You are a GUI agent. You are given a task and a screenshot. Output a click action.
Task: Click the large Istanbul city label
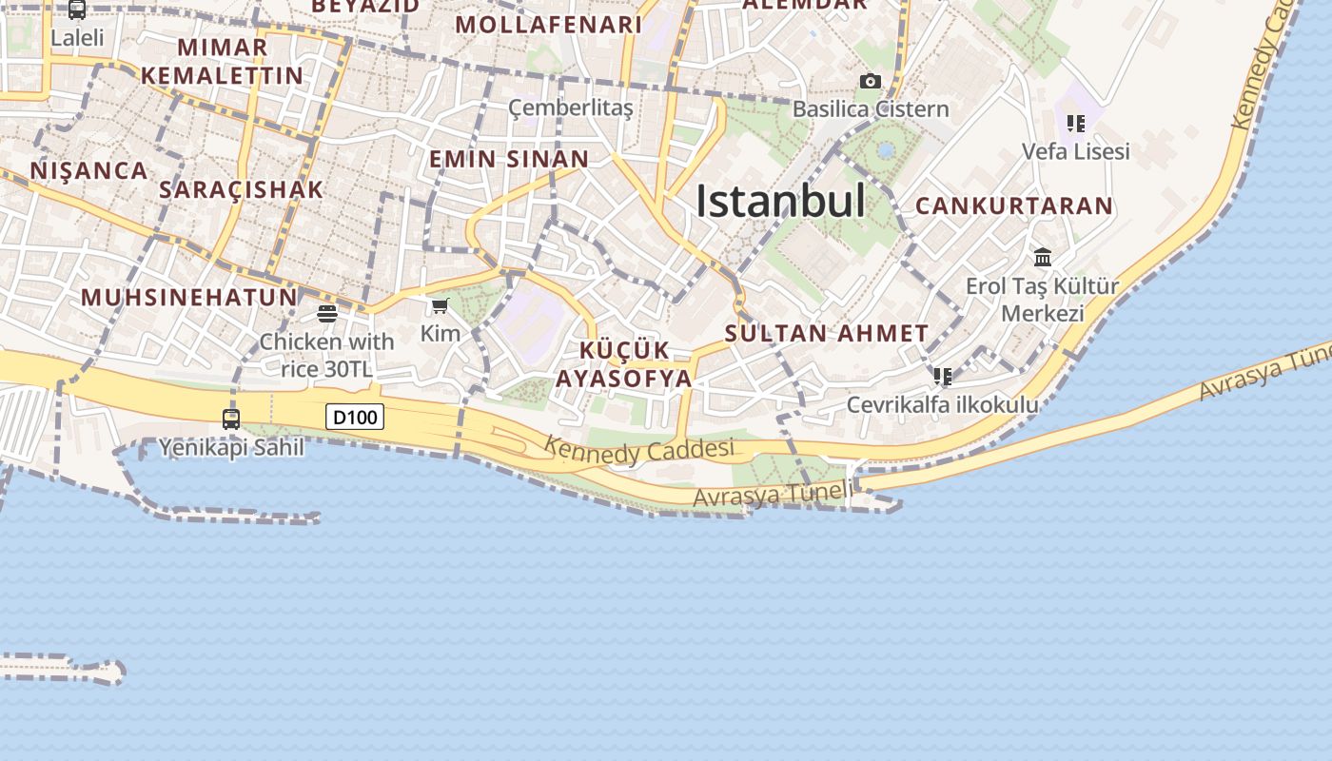[x=780, y=202]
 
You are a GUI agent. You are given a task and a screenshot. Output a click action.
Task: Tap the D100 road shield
[x=355, y=417]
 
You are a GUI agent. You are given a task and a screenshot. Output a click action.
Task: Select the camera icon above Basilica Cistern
[x=870, y=82]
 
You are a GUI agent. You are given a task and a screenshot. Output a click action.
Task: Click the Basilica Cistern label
[x=871, y=109]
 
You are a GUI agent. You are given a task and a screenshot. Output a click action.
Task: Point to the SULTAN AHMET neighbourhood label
[x=826, y=334]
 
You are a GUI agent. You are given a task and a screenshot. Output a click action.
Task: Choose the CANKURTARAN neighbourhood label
[x=1013, y=205]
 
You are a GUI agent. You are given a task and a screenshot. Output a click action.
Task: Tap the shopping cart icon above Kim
[x=440, y=305]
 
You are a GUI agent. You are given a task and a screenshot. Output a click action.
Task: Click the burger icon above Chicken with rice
[x=327, y=313]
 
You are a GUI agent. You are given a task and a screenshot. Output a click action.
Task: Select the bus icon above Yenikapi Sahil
[x=231, y=419]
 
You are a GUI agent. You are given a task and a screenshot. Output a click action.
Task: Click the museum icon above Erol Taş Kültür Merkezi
[x=1043, y=257]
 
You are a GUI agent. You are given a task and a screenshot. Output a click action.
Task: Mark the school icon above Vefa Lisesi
[x=1076, y=123]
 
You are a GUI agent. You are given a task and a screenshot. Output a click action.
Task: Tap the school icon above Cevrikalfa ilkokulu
[x=942, y=377]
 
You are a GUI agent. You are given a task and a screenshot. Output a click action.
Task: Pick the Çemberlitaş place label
[x=570, y=107]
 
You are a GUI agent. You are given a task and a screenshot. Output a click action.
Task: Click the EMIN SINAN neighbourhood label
[x=508, y=159]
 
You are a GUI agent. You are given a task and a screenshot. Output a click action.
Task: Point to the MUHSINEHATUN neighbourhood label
[x=188, y=297]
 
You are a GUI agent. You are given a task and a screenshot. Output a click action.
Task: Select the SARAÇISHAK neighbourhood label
[x=241, y=189]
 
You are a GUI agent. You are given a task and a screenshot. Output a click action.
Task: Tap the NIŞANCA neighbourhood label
[x=88, y=171]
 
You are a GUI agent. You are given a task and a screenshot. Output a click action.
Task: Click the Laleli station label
[x=77, y=39]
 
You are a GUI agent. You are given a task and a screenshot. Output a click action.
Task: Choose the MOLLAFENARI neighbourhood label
[x=549, y=25]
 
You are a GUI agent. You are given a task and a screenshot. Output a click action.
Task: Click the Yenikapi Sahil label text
[x=231, y=447]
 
